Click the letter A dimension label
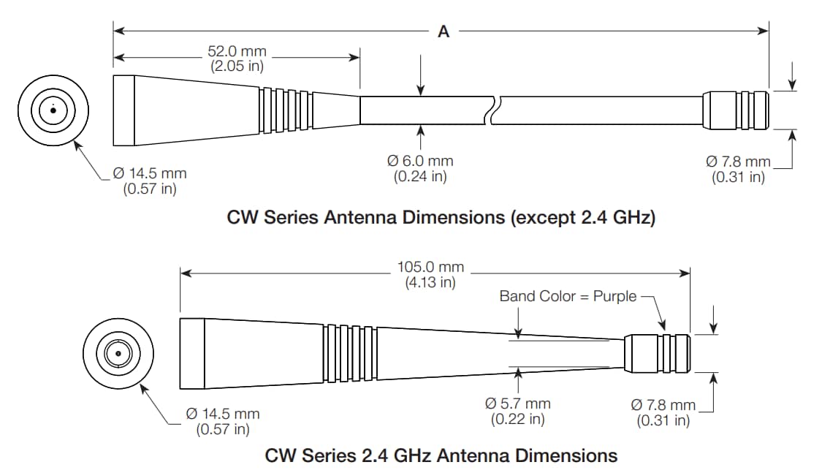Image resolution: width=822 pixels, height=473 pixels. tap(443, 31)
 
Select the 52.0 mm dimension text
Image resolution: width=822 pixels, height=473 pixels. tap(237, 52)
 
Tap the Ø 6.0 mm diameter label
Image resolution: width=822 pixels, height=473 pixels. tap(420, 161)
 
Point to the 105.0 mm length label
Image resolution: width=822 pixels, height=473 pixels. tap(430, 268)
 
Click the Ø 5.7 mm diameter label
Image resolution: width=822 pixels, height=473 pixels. tap(518, 404)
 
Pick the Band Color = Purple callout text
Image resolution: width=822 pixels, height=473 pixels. tap(568, 296)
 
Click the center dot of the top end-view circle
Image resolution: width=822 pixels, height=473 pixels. tap(53, 111)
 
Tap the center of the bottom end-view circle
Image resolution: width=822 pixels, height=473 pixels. tap(117, 355)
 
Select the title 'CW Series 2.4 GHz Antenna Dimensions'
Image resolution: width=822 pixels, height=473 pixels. tap(441, 455)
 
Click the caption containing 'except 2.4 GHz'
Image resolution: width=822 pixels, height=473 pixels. tap(441, 218)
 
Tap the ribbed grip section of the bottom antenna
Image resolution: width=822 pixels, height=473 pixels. tap(350, 354)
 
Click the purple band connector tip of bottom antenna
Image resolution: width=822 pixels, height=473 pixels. tap(657, 354)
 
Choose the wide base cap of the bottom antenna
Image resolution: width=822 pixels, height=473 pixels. tap(192, 354)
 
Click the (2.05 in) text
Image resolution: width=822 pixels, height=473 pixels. tap(237, 66)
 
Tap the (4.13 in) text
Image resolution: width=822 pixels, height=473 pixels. tap(430, 282)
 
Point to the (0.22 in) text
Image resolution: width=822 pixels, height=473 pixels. tap(517, 419)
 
